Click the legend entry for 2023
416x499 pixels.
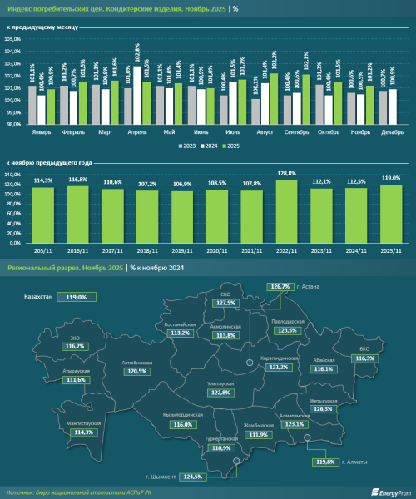(186, 145)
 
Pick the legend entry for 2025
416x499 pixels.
(231, 145)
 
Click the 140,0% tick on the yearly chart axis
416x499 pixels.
(14, 174)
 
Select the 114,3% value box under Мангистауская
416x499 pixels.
(83, 432)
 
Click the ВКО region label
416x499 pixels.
(363, 349)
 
